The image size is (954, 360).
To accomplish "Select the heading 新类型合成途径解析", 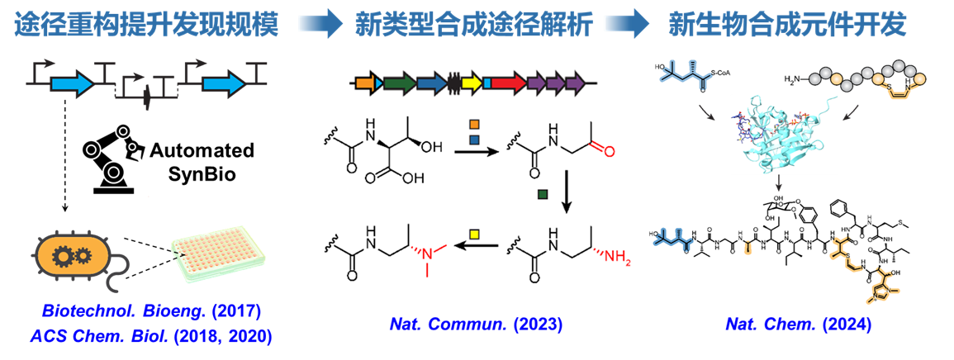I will click(x=474, y=25).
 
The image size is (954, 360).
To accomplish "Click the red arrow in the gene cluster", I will click(x=507, y=83).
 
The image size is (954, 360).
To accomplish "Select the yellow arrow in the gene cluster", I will click(x=472, y=83).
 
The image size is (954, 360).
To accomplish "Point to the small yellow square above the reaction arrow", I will click(x=474, y=233).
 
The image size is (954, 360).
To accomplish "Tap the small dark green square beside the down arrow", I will click(x=543, y=196).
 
